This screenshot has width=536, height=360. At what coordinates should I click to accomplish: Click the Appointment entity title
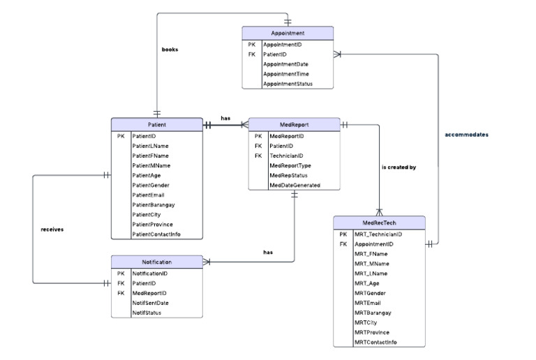coord(288,33)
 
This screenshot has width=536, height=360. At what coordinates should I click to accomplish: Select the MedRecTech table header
coord(379,223)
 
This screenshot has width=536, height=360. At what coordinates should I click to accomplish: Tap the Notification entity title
coord(157,262)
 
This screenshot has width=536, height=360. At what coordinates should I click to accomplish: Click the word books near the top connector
coord(170,49)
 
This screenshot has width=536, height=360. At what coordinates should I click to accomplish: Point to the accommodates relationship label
coord(466,135)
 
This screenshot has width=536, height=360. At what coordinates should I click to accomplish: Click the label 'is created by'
coord(399,167)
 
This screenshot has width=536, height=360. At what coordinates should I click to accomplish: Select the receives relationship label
coord(52,229)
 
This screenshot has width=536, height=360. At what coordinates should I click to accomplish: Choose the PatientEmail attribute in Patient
coord(149,195)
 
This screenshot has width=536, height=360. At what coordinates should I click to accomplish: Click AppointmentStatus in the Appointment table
coord(288,84)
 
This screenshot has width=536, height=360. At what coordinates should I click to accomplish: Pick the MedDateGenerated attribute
coord(295,185)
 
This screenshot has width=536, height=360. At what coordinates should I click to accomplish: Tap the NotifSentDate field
coord(151,303)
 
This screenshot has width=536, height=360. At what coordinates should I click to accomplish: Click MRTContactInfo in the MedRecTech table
coord(375,343)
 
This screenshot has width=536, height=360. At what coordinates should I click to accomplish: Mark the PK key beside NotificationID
coord(121,273)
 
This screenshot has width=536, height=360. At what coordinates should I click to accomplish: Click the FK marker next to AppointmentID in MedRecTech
coord(343,244)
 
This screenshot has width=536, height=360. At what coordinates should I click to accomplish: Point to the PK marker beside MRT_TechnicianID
coord(343,234)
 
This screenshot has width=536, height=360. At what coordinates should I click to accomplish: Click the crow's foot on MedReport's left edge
coord(245,125)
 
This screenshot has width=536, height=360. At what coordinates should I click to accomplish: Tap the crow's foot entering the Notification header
coord(207,262)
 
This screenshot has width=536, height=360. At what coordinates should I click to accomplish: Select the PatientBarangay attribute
coord(154,205)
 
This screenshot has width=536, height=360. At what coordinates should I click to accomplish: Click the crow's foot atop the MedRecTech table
coord(379,212)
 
